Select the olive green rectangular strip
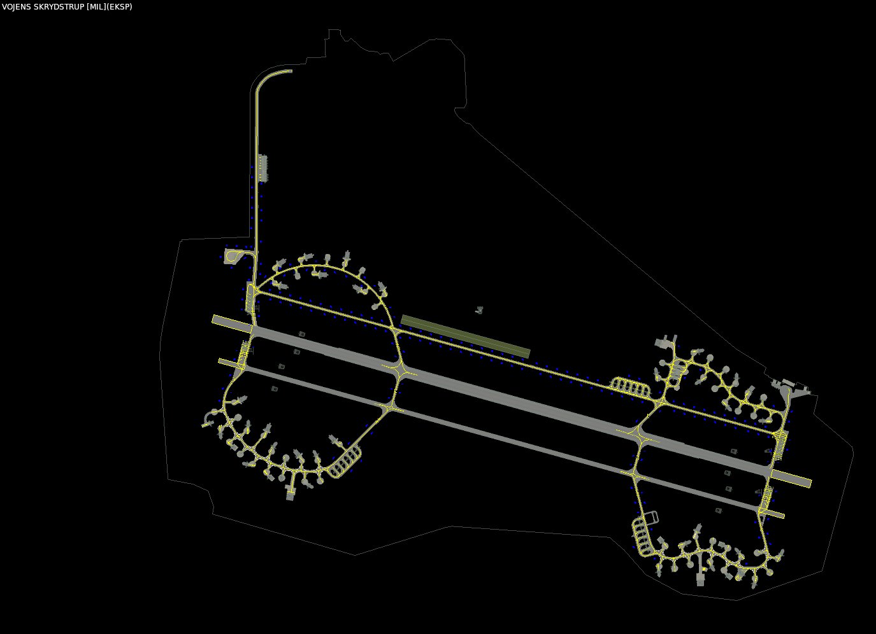(465, 336)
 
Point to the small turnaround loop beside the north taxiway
(234, 257)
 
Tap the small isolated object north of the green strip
(479, 310)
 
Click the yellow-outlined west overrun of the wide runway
(232, 324)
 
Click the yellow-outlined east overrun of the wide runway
(791, 479)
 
